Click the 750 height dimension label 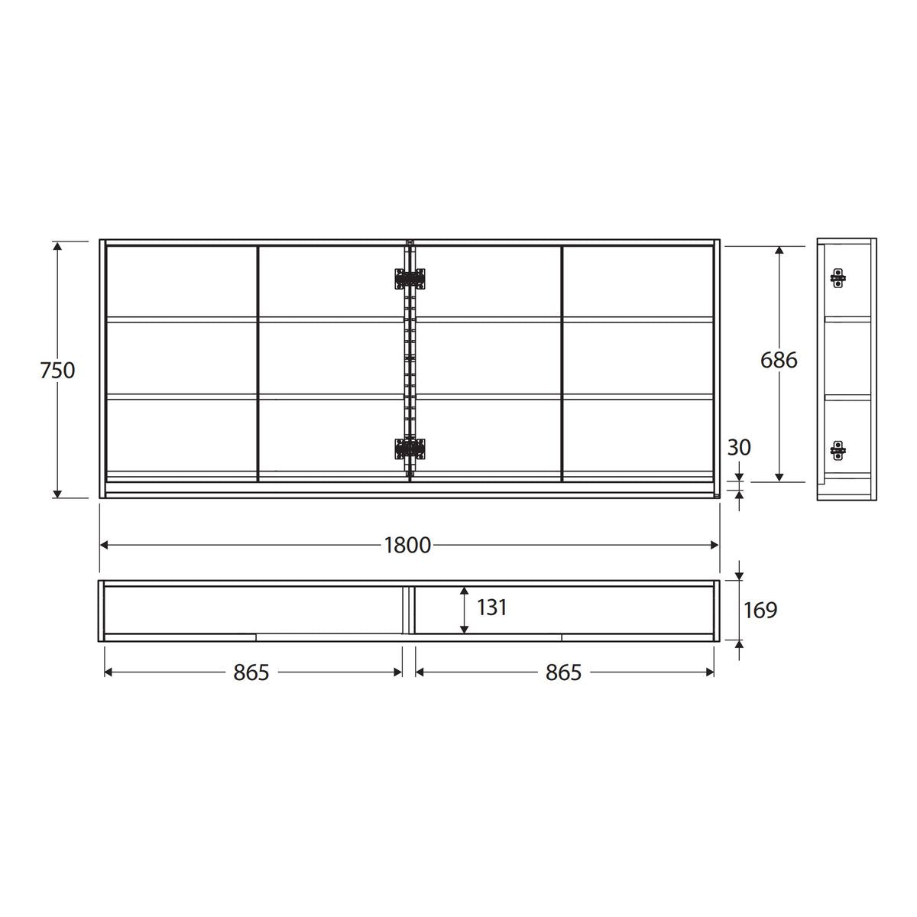[x=57, y=371]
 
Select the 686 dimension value [x=779, y=360]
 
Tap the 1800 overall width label [x=407, y=546]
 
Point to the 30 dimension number [x=739, y=447]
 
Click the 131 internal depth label [x=491, y=608]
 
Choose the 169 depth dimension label [x=760, y=610]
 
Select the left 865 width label [x=251, y=672]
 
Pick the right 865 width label [x=563, y=672]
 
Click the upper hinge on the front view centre [x=410, y=279]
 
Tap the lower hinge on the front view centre [x=410, y=449]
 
